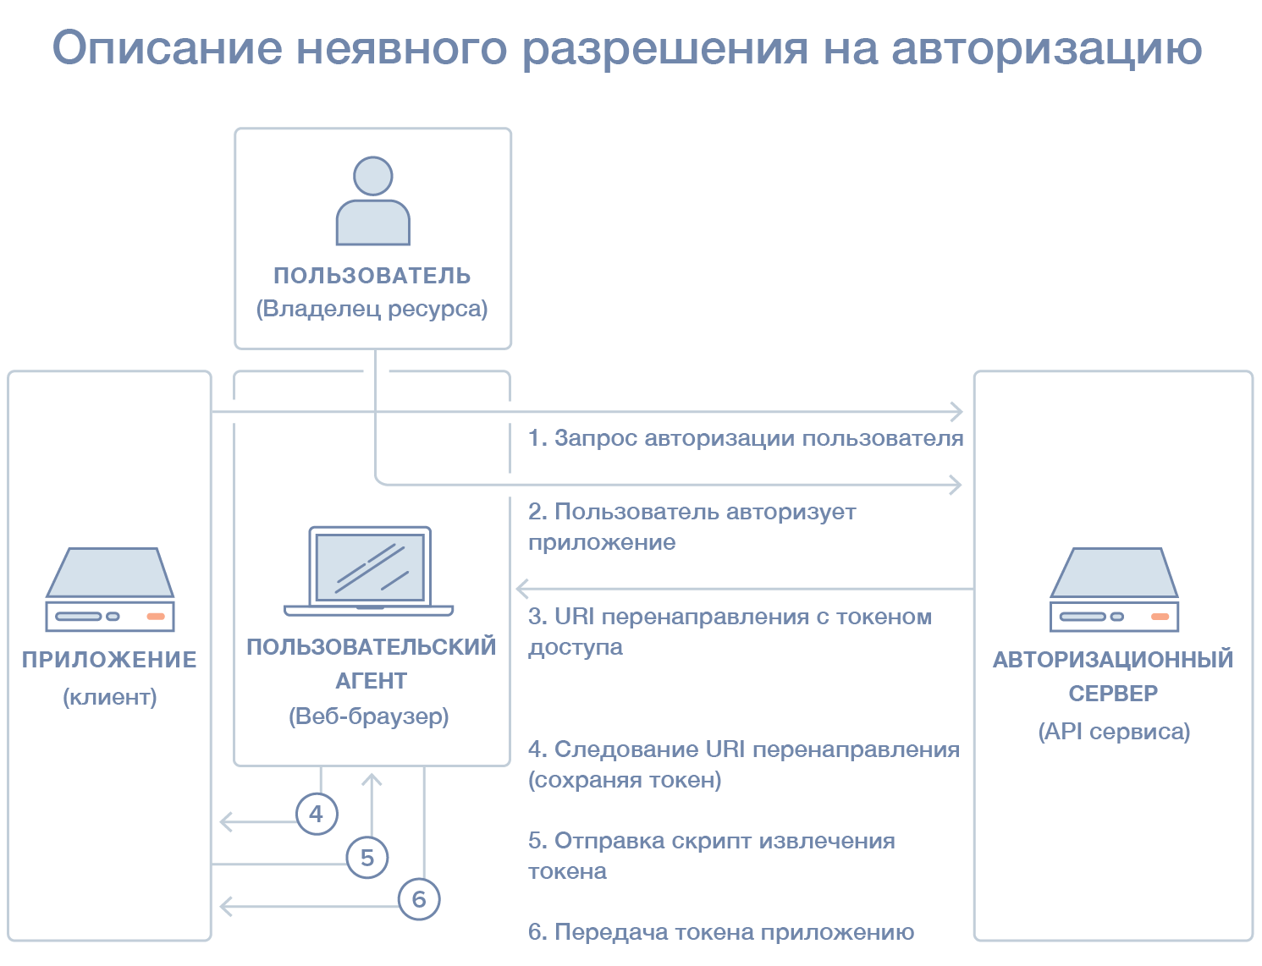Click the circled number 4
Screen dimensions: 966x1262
click(x=317, y=814)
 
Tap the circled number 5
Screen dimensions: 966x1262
click(x=367, y=857)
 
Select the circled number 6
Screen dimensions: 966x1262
click(x=419, y=898)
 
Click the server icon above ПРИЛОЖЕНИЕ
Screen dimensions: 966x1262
click(x=110, y=590)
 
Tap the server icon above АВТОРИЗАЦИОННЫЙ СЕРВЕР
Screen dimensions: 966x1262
click(x=1114, y=590)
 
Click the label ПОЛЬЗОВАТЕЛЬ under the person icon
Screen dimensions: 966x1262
click(x=372, y=276)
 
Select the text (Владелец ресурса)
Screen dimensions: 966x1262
click(x=372, y=309)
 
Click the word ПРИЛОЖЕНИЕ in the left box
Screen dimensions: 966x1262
click(x=109, y=660)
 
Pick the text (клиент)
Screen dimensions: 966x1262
click(x=110, y=697)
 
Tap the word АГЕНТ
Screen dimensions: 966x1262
click(x=371, y=681)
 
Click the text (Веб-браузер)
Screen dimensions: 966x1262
click(x=369, y=716)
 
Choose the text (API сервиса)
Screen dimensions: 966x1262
click(x=1114, y=732)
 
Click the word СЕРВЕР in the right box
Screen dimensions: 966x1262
click(x=1113, y=694)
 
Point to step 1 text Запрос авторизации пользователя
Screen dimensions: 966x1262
click(x=746, y=438)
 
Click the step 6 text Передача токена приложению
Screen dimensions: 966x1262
click(x=721, y=932)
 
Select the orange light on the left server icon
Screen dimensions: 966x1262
click(x=156, y=616)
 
